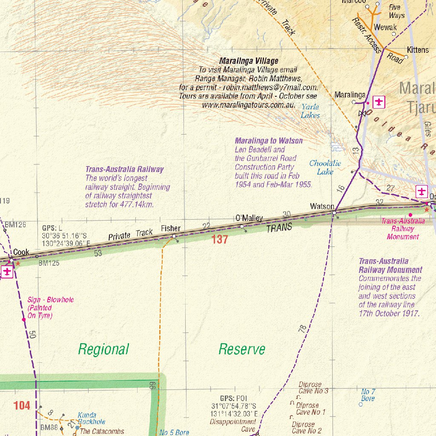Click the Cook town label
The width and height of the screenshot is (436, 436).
(21, 252)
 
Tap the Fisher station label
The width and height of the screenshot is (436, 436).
(171, 229)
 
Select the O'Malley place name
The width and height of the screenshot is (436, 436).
(249, 218)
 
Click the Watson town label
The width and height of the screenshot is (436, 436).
(322, 207)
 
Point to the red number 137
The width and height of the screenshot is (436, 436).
(220, 239)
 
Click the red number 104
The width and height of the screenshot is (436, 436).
(22, 405)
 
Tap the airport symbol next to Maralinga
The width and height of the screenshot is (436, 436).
(379, 102)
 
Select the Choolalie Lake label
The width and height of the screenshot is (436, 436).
(325, 167)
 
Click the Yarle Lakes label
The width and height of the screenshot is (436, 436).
(310, 111)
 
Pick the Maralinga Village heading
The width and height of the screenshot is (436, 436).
(249, 61)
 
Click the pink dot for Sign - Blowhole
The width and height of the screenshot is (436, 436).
(24, 319)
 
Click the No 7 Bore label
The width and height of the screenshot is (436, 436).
(368, 395)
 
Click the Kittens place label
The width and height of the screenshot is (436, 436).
(418, 50)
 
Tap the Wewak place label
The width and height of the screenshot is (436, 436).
(385, 27)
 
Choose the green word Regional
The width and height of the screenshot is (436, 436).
(103, 349)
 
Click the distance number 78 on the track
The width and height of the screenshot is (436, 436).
(302, 329)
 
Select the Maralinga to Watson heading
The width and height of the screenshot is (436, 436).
(269, 141)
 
